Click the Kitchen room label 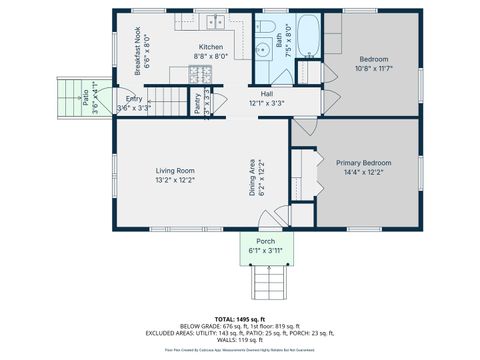(x=211, y=47)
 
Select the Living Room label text (x=174, y=170)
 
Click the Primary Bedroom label (x=363, y=162)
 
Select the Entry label (x=134, y=98)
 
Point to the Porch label (x=266, y=242)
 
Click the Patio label (x=86, y=96)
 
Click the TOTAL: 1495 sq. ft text (x=240, y=319)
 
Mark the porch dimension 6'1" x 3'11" (x=266, y=251)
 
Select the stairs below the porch (x=266, y=284)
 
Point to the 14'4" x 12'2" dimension (x=363, y=172)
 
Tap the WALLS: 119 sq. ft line (x=240, y=341)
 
